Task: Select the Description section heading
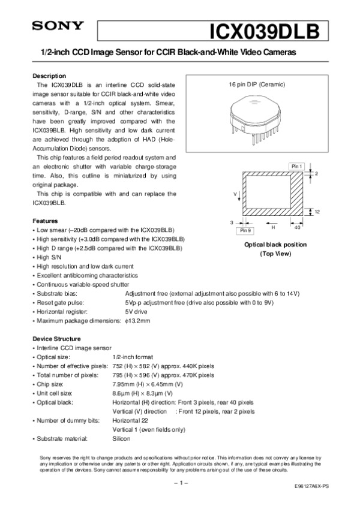pos(49,76)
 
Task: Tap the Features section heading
pos(45,221)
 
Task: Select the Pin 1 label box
pos(297,165)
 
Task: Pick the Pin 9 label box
pos(245,230)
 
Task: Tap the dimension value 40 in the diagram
pos(298,227)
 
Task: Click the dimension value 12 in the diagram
pos(316,212)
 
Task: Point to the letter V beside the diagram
pos(236,195)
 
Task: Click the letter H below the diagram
pos(273,227)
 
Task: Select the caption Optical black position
pos(275,245)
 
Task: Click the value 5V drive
pos(137,312)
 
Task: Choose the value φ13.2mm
pos(137,321)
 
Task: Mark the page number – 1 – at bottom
pos(181,482)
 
